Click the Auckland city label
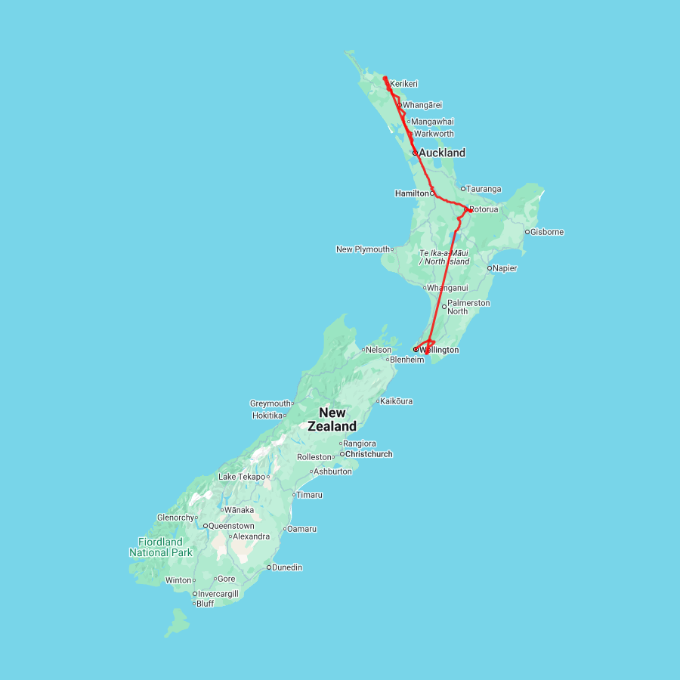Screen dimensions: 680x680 click(x=442, y=153)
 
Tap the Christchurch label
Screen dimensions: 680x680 click(x=369, y=454)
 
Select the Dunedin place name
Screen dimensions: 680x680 click(x=287, y=567)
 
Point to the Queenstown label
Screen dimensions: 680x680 click(x=231, y=526)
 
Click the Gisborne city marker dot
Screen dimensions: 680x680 click(x=527, y=232)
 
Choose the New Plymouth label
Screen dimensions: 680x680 click(x=363, y=249)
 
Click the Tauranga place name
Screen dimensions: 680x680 click(x=484, y=189)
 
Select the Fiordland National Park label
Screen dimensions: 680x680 click(x=160, y=547)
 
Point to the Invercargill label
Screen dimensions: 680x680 click(x=218, y=594)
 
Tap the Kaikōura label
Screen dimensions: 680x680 click(x=397, y=401)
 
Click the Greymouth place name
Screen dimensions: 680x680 click(x=270, y=403)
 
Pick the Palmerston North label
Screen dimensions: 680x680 click(x=468, y=307)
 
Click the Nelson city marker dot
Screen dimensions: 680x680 click(x=363, y=350)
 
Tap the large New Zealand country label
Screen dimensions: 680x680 click(x=332, y=419)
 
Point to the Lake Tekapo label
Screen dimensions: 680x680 click(x=242, y=477)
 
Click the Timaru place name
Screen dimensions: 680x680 click(x=310, y=495)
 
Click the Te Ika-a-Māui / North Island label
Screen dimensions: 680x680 click(x=444, y=257)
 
